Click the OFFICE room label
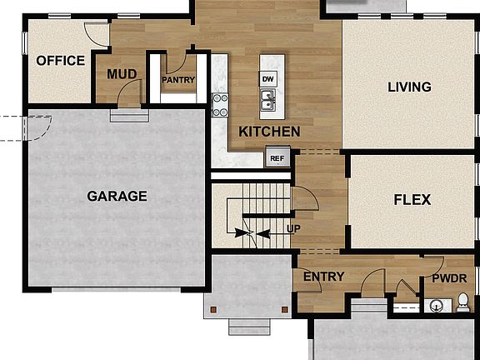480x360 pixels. [60, 61]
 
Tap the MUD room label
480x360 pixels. [121, 74]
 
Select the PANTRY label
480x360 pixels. [178, 81]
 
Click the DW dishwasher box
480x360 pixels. [267, 79]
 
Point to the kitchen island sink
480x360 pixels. [267, 101]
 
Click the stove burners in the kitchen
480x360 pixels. [220, 104]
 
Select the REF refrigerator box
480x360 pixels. [276, 157]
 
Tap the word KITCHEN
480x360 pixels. [269, 132]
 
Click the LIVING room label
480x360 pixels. [409, 87]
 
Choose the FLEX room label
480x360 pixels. [412, 200]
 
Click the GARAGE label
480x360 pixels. [117, 197]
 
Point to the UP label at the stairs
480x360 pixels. [293, 227]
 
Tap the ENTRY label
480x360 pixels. [324, 277]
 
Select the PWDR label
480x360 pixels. [450, 279]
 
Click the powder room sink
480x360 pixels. [436, 305]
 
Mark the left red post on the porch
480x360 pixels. [215, 309]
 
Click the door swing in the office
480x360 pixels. [97, 35]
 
